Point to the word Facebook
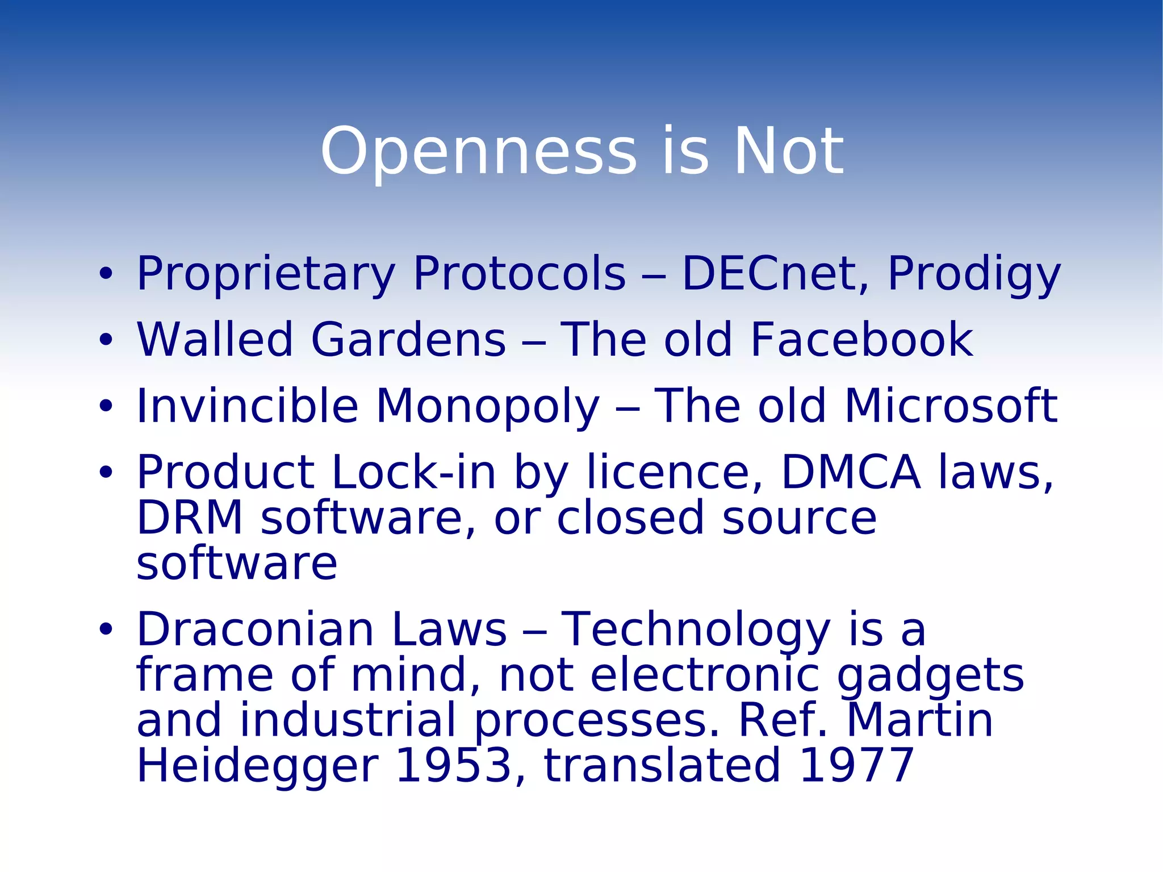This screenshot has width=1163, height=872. pyautogui.click(x=861, y=340)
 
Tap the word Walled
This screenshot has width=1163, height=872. pyautogui.click(x=215, y=340)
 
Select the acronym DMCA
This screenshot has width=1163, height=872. pyautogui.click(x=850, y=472)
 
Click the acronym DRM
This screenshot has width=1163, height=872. pyautogui.click(x=190, y=518)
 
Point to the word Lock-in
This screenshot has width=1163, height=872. pyautogui.click(x=413, y=472)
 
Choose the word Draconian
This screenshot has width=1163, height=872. pyautogui.click(x=255, y=629)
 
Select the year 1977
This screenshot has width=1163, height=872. pyautogui.click(x=856, y=766)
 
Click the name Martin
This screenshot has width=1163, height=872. pyautogui.click(x=920, y=720)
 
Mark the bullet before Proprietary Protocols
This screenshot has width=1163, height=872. pyautogui.click(x=106, y=274)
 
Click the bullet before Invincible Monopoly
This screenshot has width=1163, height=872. pyautogui.click(x=106, y=406)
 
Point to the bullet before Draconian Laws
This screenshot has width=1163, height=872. pyautogui.click(x=106, y=629)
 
